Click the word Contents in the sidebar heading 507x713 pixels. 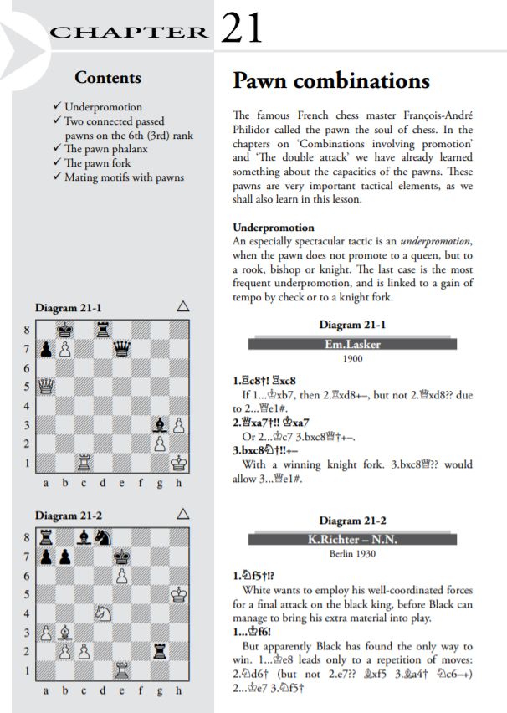108,78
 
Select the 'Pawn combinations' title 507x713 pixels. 330,81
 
